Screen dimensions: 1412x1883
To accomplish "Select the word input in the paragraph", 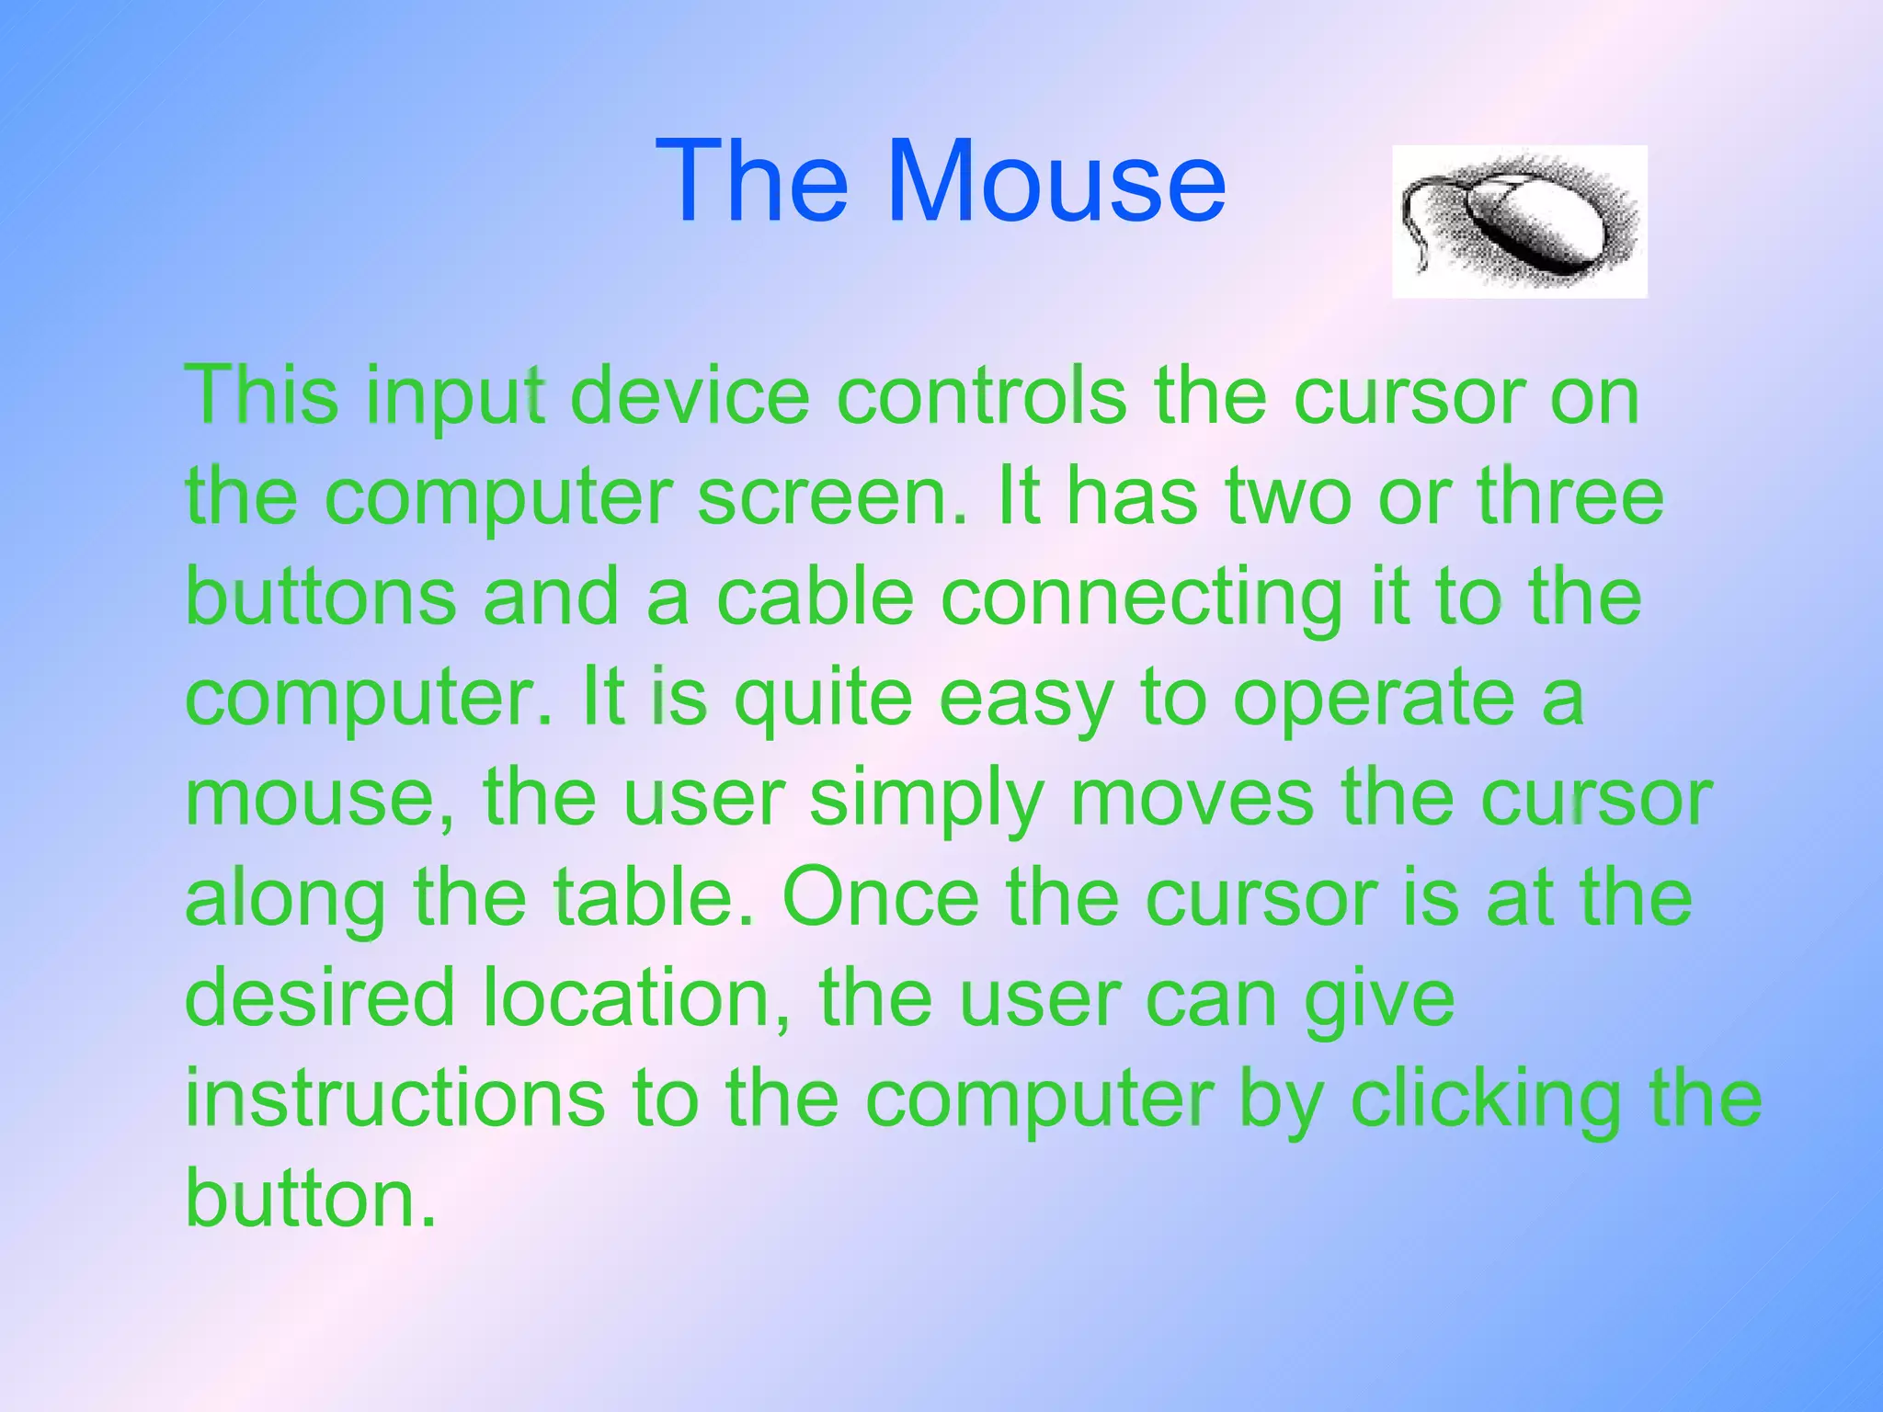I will (x=455, y=398).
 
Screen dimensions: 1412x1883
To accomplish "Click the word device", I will (x=690, y=396).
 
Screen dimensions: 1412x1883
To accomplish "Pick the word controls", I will (x=982, y=396).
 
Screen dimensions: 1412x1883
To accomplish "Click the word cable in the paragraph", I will (x=815, y=598).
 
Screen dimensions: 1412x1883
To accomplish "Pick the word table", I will (x=655, y=898).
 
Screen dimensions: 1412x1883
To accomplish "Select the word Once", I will (x=881, y=898).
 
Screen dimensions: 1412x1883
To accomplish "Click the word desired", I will (x=320, y=997).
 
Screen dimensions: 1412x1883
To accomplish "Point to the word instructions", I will (x=395, y=1099).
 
